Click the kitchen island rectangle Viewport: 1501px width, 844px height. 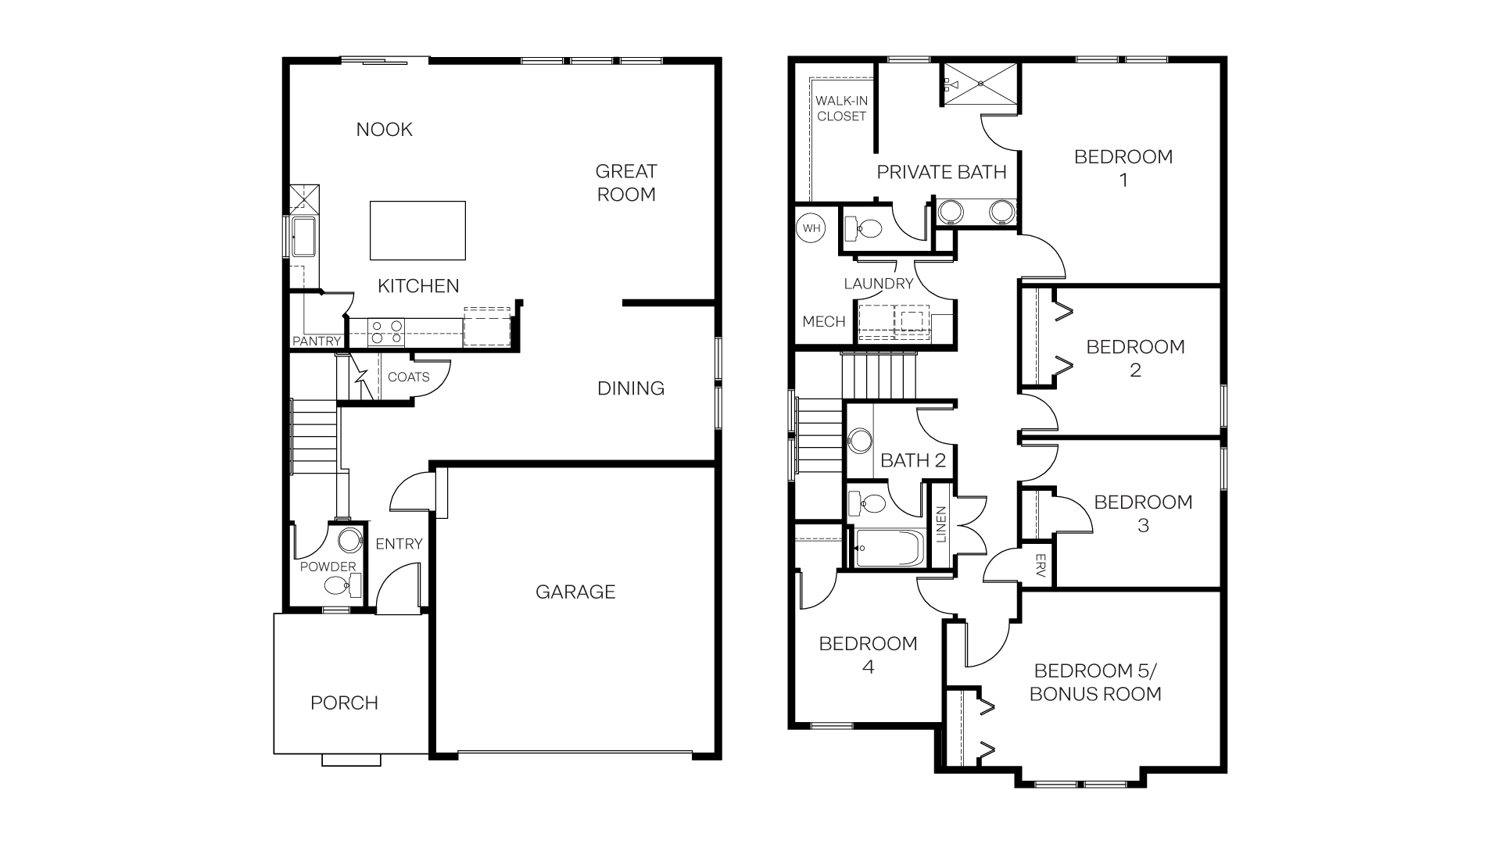coord(417,231)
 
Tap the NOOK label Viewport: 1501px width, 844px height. coord(384,130)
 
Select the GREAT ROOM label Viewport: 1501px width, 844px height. coord(626,183)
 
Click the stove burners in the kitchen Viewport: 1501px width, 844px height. coord(386,332)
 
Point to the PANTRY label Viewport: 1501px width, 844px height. coord(317,342)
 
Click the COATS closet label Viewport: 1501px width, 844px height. coord(408,377)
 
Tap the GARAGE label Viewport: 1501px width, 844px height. coord(575,592)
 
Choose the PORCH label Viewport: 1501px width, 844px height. coord(344,703)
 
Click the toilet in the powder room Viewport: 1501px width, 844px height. coord(339,585)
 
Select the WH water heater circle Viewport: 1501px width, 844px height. coord(811,228)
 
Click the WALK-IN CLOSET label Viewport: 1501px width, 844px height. coord(842,109)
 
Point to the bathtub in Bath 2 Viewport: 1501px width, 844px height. coord(890,549)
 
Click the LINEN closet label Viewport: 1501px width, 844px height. coord(941,524)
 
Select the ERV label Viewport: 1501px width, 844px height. coord(1040,565)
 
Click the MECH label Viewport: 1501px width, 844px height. coord(823,322)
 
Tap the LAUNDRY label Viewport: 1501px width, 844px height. coord(878,284)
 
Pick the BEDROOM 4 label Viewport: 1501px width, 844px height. coord(868,655)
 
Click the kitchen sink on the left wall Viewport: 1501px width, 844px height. coord(303,236)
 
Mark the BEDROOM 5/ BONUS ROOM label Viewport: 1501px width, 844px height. coord(1094,682)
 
